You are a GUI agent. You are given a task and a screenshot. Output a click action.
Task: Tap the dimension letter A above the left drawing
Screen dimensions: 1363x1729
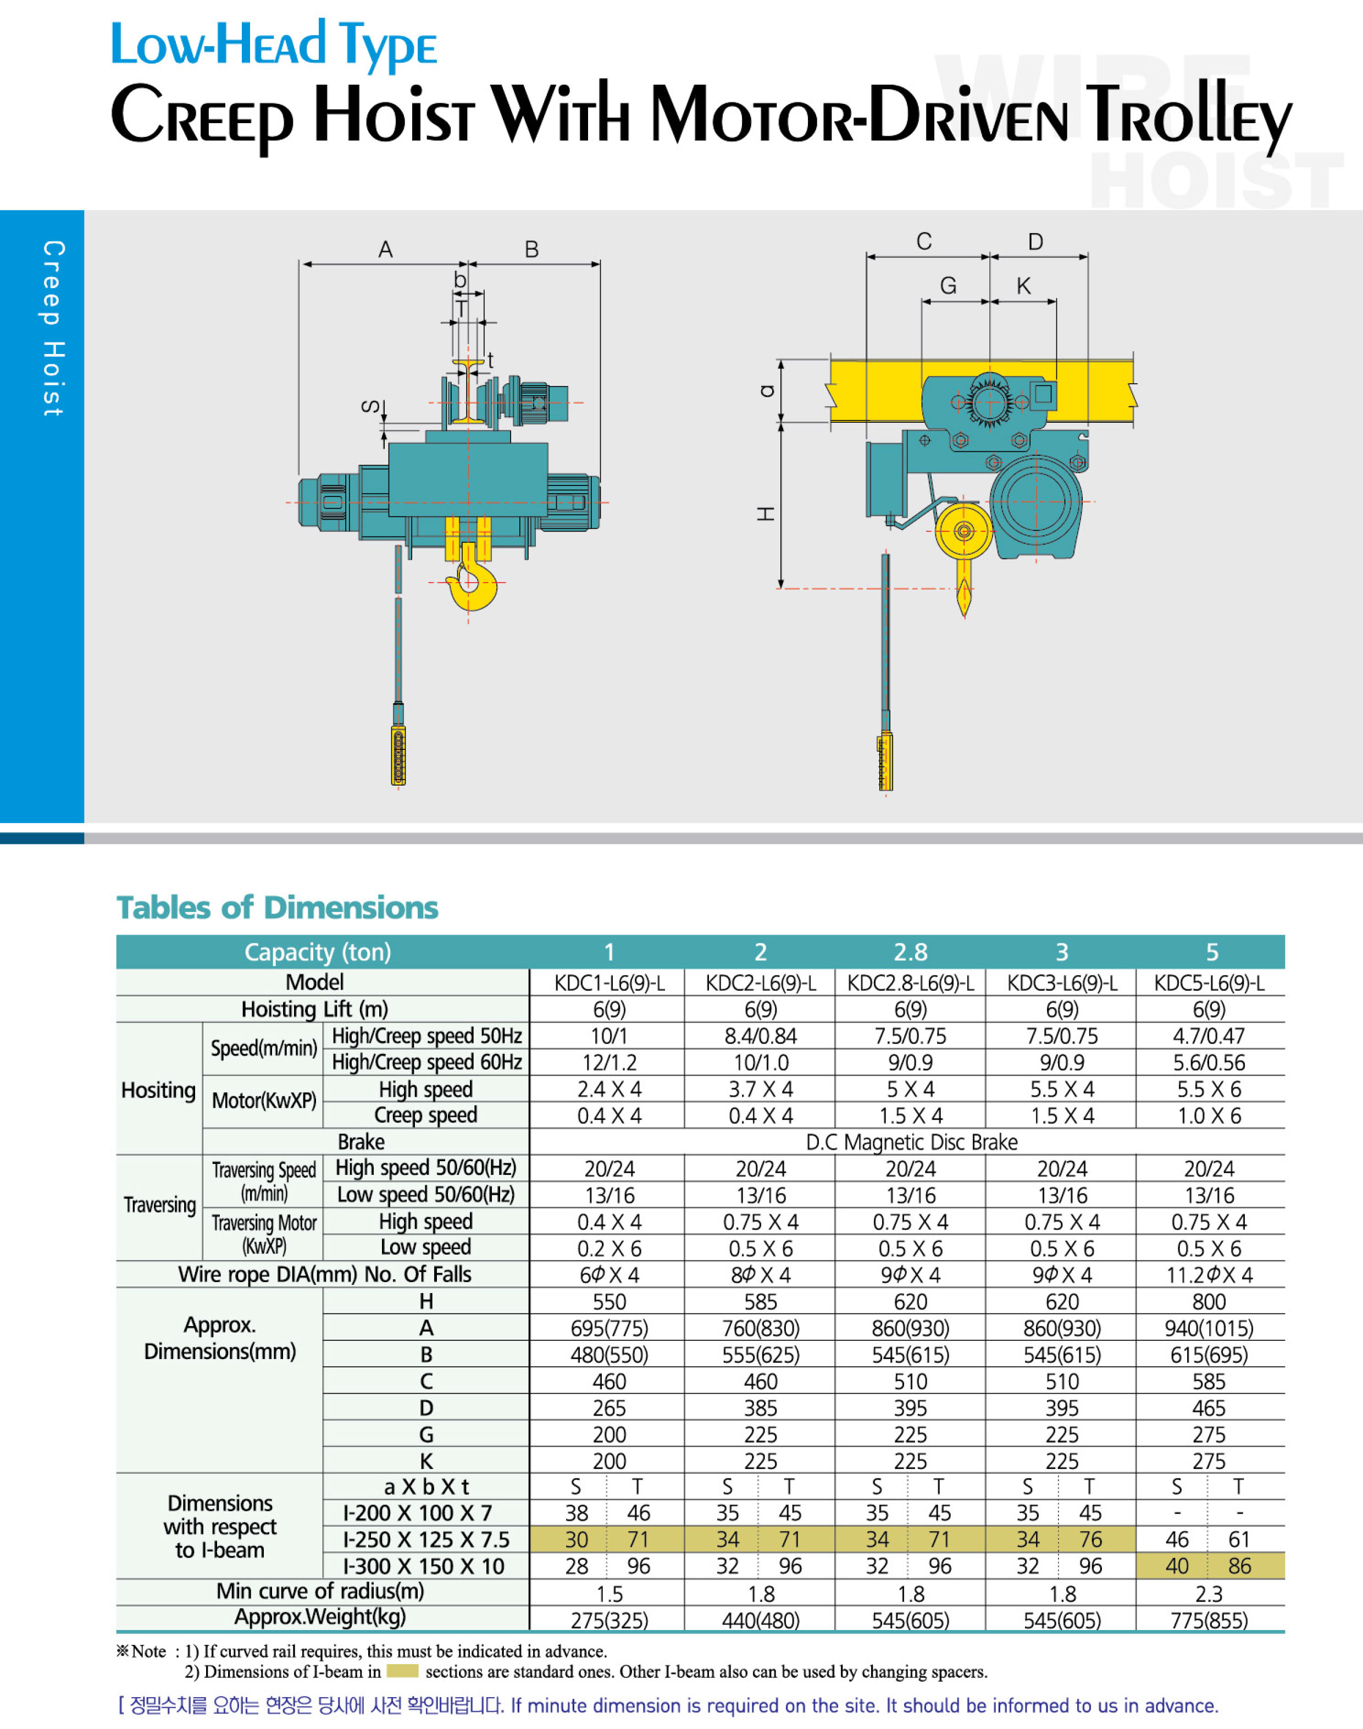pyautogui.click(x=385, y=250)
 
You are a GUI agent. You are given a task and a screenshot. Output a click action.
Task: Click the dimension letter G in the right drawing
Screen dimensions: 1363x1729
pyautogui.click(x=948, y=286)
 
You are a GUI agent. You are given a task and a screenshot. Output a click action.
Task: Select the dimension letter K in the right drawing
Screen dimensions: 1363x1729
pyautogui.click(x=1023, y=286)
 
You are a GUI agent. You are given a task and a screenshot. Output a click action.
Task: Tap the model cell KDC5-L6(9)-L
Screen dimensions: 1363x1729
pyautogui.click(x=1209, y=982)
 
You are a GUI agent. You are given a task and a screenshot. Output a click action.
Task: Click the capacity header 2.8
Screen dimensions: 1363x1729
pyautogui.click(x=911, y=952)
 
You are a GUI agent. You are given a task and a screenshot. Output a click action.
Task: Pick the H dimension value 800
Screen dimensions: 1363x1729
pyautogui.click(x=1209, y=1302)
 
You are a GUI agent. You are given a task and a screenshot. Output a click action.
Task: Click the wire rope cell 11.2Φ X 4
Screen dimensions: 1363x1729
pyautogui.click(x=1209, y=1275)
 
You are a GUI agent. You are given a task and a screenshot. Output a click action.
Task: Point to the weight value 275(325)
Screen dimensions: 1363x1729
pyautogui.click(x=609, y=1621)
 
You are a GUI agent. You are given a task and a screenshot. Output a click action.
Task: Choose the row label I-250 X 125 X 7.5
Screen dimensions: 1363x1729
pyautogui.click(x=426, y=1540)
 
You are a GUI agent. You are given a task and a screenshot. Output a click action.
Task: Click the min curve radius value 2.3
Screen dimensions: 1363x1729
pyautogui.click(x=1209, y=1594)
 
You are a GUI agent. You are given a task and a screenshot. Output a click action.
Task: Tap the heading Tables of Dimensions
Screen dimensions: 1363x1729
pyautogui.click(x=278, y=908)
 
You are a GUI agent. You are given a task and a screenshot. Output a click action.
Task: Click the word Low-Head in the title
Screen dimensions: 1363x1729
pyautogui.click(x=218, y=45)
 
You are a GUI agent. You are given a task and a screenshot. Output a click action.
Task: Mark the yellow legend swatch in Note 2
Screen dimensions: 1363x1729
pyautogui.click(x=402, y=1671)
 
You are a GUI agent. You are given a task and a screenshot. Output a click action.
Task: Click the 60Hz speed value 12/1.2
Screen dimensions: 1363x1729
pyautogui.click(x=609, y=1063)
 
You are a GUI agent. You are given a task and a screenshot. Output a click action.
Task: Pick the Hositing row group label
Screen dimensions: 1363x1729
pyautogui.click(x=158, y=1090)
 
